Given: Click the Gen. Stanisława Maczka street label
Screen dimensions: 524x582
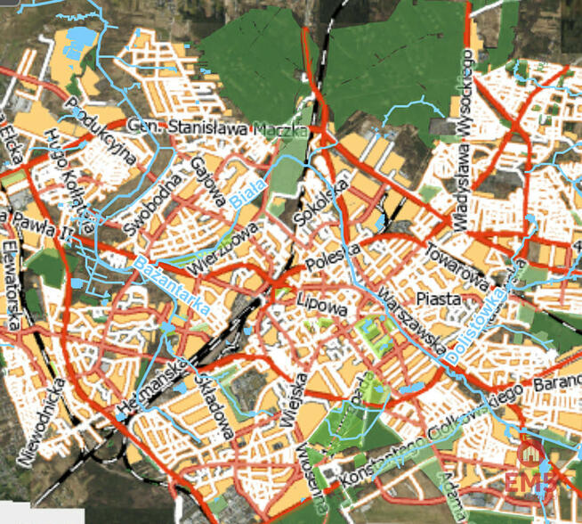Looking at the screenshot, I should click(x=218, y=130).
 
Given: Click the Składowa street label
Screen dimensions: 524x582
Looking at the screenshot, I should click(x=214, y=405).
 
